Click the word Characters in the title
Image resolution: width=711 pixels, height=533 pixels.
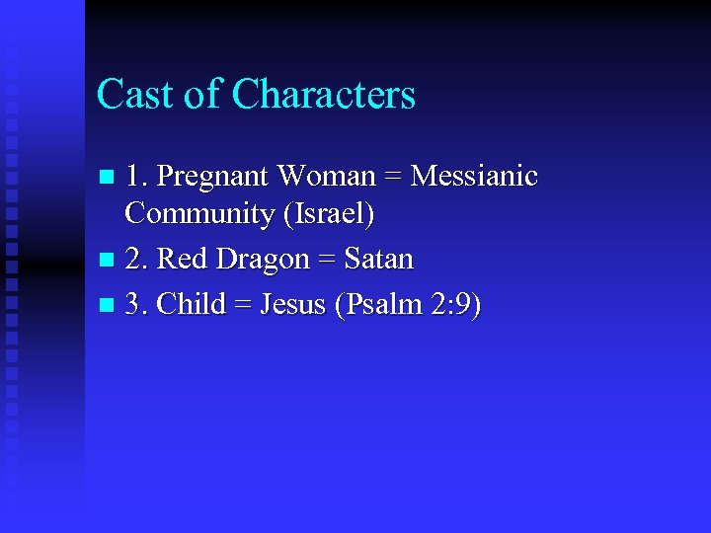[324, 95]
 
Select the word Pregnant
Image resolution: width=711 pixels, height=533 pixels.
[213, 178]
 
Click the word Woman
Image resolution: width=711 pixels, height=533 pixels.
[326, 177]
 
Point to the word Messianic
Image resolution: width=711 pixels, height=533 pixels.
[474, 177]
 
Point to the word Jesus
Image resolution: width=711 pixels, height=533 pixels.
[293, 304]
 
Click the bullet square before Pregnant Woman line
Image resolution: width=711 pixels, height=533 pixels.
[108, 179]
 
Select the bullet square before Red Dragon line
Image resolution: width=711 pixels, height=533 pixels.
[108, 262]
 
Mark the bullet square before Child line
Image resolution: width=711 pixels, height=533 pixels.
[108, 306]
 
